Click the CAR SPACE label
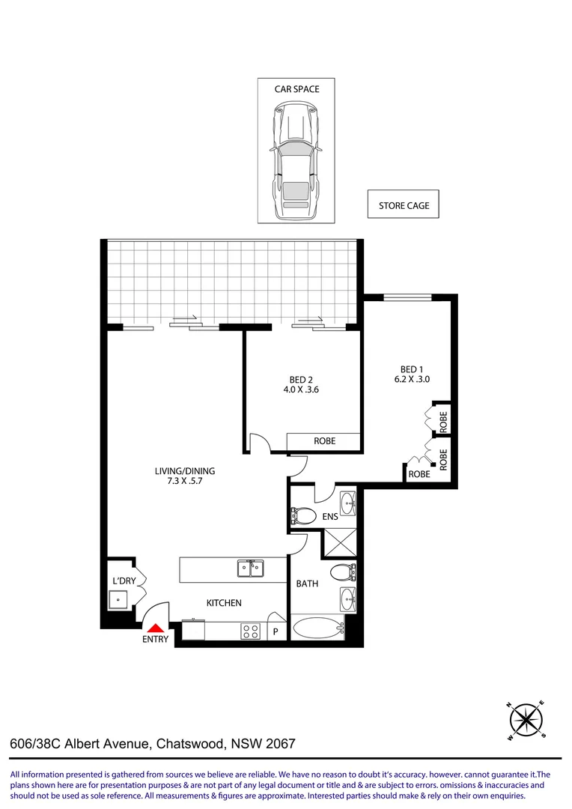point(296,89)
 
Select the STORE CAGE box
point(404,205)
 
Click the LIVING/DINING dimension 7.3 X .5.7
point(184,482)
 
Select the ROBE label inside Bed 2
point(323,441)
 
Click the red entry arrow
point(155,628)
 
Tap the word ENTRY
point(156,640)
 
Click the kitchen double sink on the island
point(251,569)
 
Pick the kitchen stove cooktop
point(250,631)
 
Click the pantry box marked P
point(276,631)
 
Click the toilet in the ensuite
point(302,515)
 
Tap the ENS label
point(331,516)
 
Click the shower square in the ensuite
point(339,542)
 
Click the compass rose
point(526,719)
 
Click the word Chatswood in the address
point(192,745)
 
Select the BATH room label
point(307,583)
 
